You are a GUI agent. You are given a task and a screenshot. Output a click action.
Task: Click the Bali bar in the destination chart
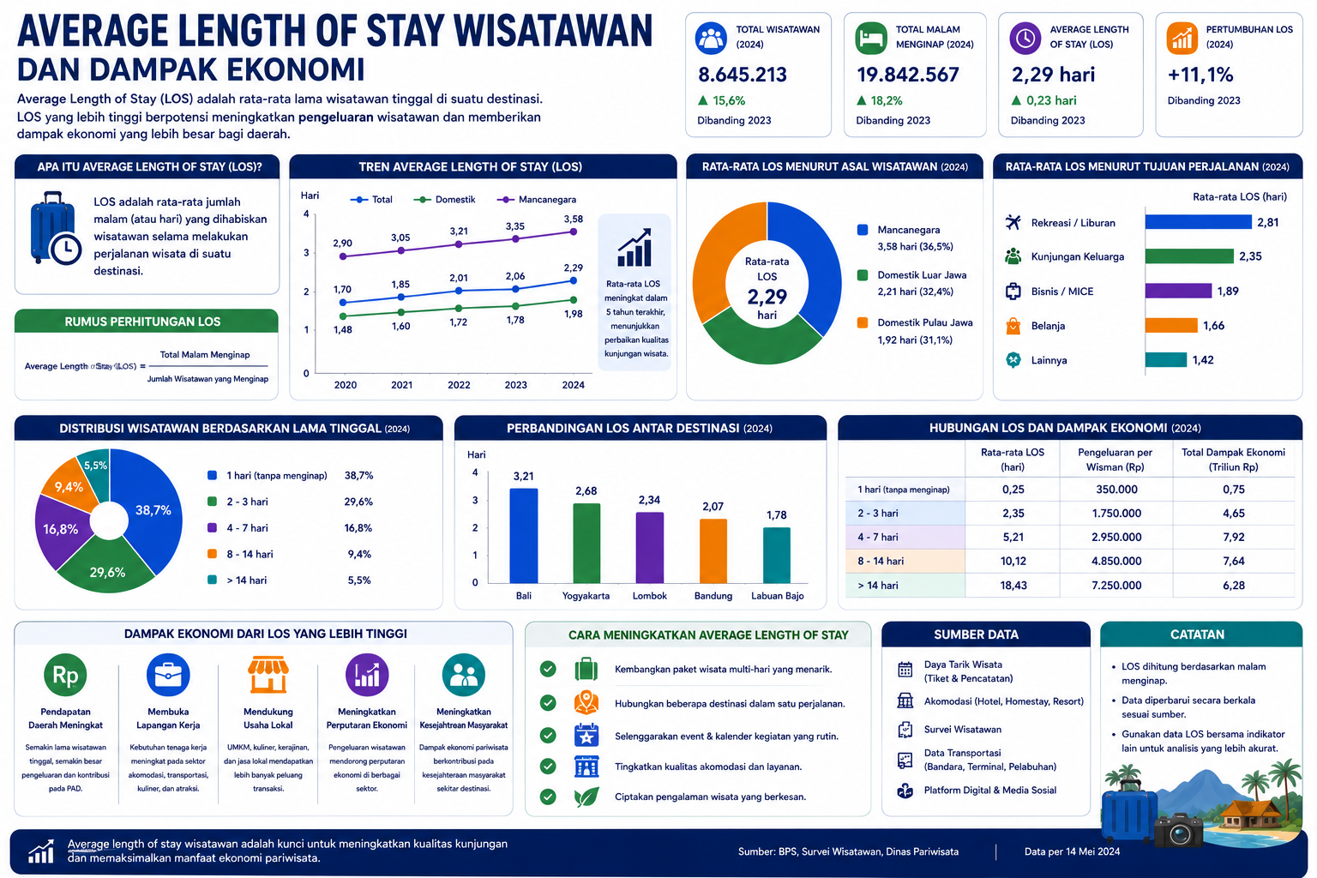coord(523,535)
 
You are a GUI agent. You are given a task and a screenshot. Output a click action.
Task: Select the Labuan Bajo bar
coord(776,555)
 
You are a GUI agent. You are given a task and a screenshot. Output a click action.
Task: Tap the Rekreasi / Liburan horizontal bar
coord(1198,222)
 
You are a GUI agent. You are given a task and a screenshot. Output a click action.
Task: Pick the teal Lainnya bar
coord(1165,359)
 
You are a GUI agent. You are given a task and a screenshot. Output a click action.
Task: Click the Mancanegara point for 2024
coord(574,232)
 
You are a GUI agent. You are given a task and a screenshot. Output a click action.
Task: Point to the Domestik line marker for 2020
coord(343,316)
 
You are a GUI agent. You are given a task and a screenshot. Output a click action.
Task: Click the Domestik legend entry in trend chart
coord(444,200)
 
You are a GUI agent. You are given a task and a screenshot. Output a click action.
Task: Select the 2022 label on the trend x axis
coord(459,385)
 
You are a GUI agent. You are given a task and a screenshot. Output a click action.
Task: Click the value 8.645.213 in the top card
coord(742,75)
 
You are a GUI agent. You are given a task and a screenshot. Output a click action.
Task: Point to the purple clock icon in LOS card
coord(1025,39)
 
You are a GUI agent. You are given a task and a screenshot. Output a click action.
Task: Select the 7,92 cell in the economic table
coord(1233,537)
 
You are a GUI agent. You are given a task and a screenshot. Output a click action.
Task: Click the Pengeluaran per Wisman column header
coord(1115,460)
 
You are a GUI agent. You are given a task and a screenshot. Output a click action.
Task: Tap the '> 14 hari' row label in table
coord(877,585)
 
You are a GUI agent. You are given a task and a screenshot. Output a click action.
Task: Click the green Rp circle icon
coord(65,675)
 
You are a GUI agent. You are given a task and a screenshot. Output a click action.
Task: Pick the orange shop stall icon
coord(268,674)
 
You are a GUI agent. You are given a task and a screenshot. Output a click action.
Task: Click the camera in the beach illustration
coord(1177,830)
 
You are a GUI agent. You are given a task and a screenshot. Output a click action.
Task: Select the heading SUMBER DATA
coord(976,634)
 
